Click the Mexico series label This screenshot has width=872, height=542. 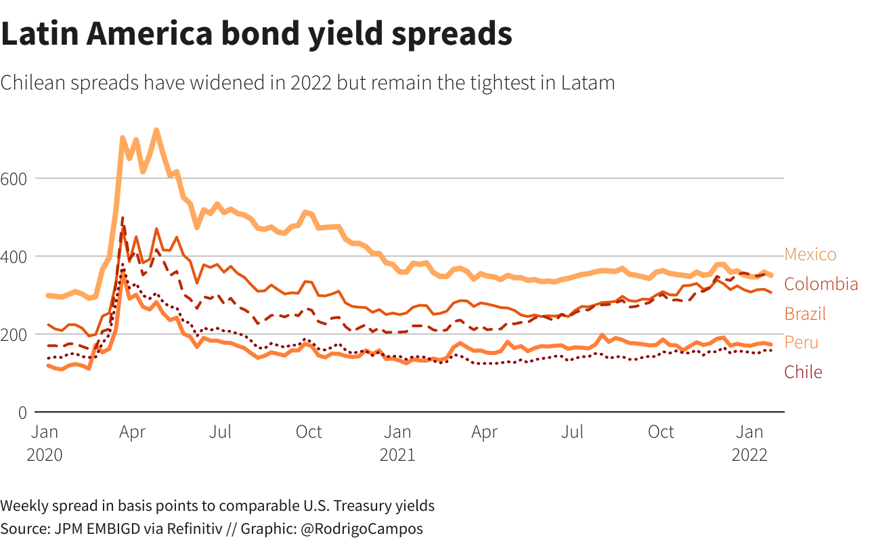point(810,255)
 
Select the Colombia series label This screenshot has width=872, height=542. point(821,285)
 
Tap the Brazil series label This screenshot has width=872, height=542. point(805,314)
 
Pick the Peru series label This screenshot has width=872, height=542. point(801,343)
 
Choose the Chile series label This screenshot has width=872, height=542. point(803,372)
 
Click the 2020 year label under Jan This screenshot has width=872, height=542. point(45,455)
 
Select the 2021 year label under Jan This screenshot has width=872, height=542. point(397,455)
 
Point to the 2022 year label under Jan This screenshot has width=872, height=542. point(749,455)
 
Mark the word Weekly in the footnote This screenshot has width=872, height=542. point(24,505)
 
